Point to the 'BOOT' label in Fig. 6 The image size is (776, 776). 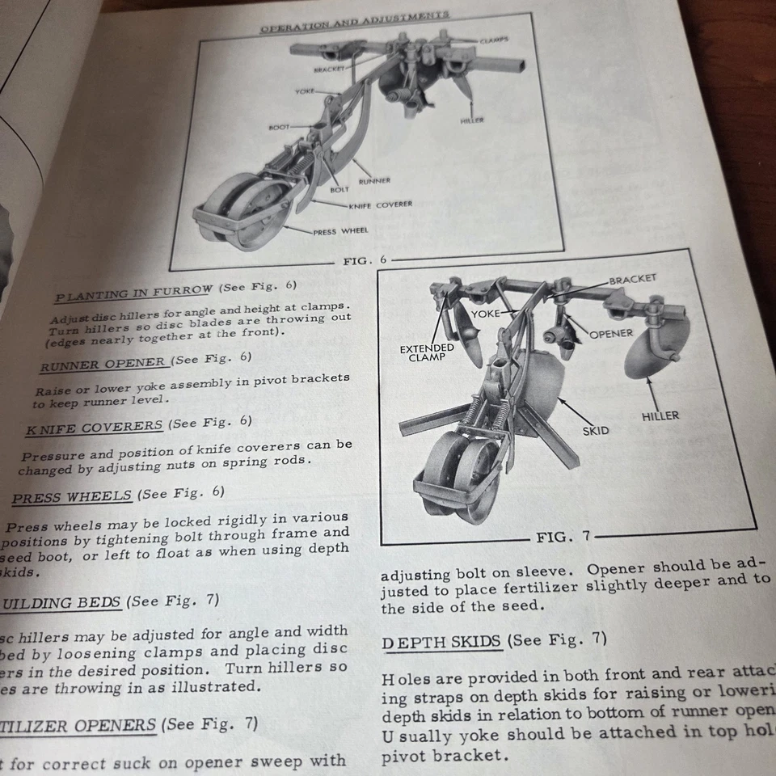279,128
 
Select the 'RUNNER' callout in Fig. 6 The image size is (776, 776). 374,181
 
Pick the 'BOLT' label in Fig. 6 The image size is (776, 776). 339,190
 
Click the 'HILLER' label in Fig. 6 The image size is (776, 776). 472,120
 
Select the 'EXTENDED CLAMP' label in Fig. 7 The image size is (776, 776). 427,352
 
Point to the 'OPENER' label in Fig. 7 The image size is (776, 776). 611,333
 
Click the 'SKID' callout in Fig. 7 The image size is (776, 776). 596,431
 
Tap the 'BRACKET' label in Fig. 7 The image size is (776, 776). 633,279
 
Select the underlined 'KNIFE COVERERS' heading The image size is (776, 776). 94,424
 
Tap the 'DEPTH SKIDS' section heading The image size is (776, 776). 442,642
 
